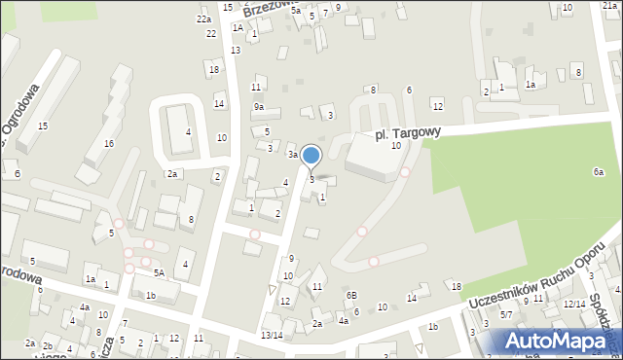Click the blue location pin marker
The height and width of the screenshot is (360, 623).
pos(311,156)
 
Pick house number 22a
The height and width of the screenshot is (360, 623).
pos(203,19)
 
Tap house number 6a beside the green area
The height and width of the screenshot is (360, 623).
pos(599,172)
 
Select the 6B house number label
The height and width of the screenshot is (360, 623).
pos(351,295)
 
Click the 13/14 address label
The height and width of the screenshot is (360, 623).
pos(272,335)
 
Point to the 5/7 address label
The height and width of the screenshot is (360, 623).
pos(506,314)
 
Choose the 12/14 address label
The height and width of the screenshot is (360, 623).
pos(574,304)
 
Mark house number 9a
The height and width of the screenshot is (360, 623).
pos(259,107)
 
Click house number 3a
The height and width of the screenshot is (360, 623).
pos(291,155)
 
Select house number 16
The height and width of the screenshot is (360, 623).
pos(109,144)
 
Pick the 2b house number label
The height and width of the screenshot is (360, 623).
pos(48,346)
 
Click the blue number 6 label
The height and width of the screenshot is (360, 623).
pos(17,173)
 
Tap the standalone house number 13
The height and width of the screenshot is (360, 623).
pos(235,50)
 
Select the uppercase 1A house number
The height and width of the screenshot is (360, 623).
pos(238,28)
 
